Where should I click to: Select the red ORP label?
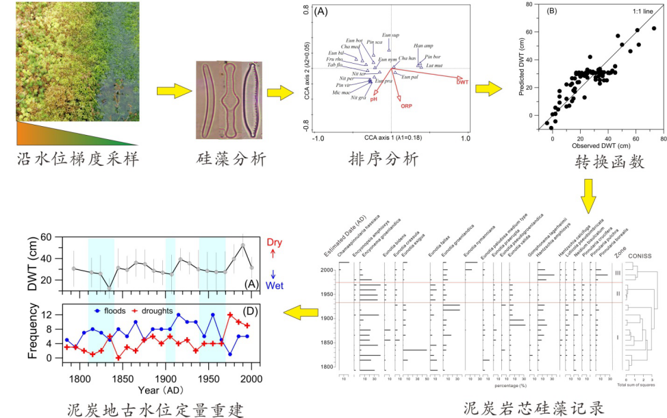click(x=406, y=106)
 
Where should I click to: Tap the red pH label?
click(x=374, y=99)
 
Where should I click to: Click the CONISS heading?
click(x=641, y=257)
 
